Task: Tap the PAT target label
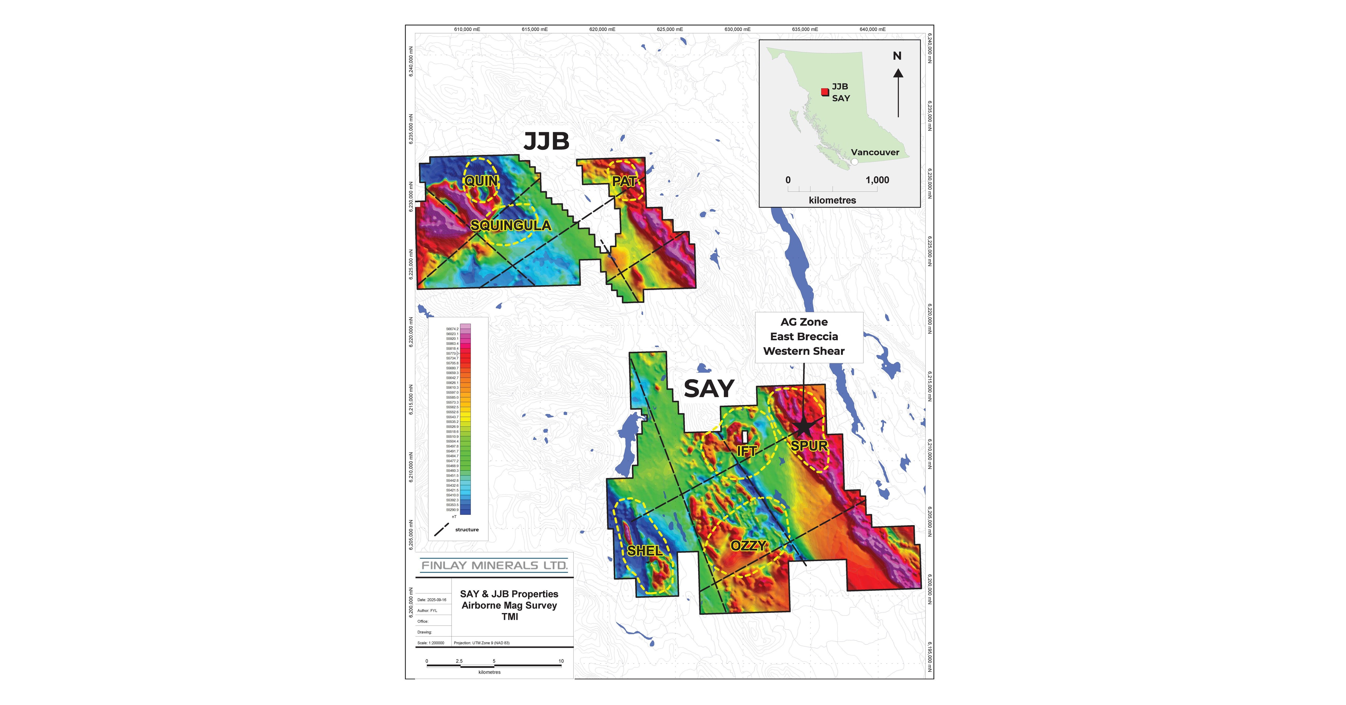click(x=624, y=181)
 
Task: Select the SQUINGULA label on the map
click(x=511, y=226)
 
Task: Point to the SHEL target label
click(x=645, y=551)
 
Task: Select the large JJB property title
click(x=546, y=141)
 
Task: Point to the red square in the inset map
click(x=825, y=92)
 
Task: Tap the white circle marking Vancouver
click(x=854, y=162)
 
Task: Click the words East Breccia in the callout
click(x=804, y=337)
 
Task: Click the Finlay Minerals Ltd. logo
click(x=494, y=566)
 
